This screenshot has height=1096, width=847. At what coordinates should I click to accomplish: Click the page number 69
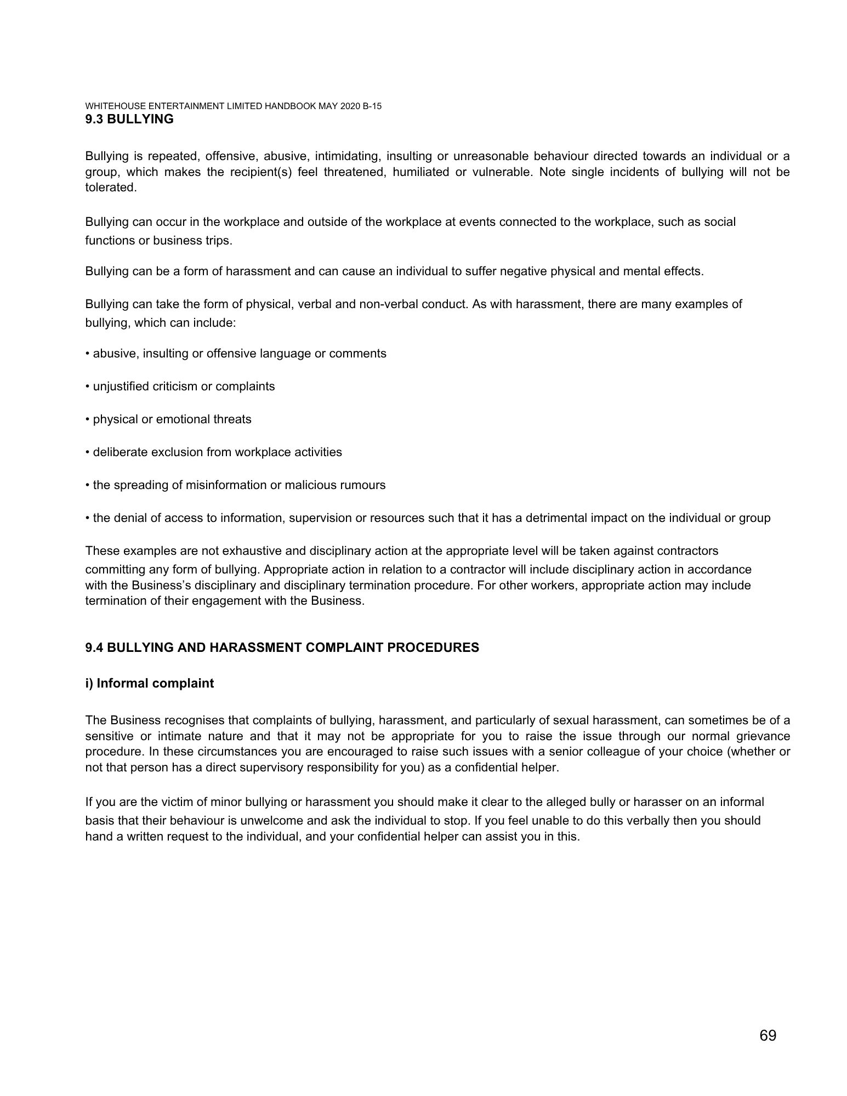tap(768, 1035)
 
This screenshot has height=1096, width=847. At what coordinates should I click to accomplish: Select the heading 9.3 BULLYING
tap(129, 119)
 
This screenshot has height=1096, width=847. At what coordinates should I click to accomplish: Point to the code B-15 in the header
tap(372, 106)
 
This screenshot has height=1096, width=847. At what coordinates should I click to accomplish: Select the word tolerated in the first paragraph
tap(110, 188)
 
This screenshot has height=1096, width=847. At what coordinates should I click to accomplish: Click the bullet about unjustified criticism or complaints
tap(180, 387)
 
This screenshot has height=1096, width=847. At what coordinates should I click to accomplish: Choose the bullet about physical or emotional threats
tap(168, 419)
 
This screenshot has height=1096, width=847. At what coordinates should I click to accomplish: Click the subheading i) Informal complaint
tap(150, 684)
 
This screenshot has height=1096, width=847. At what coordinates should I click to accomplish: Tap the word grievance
tap(763, 736)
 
